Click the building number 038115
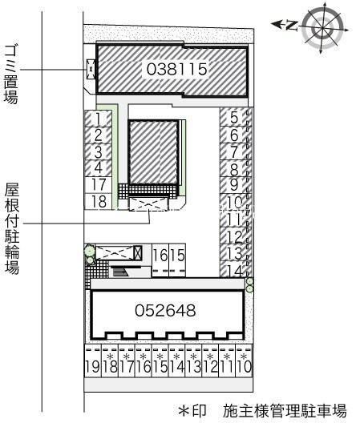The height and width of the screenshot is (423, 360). click(177, 70)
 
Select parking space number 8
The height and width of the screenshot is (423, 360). click(233, 169)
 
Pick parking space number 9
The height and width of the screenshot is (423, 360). click(233, 185)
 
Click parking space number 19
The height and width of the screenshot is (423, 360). click(92, 368)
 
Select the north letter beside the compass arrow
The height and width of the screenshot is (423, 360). click(289, 25)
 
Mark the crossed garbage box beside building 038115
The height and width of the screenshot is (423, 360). click(91, 70)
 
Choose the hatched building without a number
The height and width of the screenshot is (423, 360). click(154, 151)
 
